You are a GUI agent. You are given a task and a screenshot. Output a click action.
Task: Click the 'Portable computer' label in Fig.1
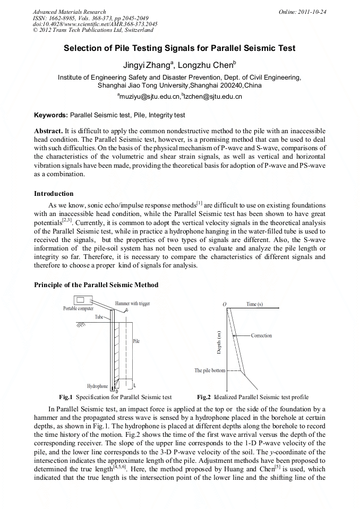79,308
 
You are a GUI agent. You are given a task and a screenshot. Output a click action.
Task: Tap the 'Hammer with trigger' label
132,304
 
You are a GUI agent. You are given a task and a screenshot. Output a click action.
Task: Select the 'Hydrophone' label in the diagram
97,386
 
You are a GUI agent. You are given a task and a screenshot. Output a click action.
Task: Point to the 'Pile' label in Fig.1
136,341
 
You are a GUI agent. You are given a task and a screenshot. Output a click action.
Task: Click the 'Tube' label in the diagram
99,317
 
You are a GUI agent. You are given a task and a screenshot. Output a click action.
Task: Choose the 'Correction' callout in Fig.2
261,335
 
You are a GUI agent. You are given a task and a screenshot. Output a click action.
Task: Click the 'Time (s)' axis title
259,304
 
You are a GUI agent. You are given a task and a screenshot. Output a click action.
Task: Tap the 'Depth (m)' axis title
219,342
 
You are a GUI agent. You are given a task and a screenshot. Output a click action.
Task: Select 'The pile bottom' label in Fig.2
210,370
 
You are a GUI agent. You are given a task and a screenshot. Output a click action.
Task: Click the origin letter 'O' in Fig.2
225,304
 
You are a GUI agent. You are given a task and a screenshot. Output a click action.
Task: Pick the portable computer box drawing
82,300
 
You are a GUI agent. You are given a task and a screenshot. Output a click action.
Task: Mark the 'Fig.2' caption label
204,397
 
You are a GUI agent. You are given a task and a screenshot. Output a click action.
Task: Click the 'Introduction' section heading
54,194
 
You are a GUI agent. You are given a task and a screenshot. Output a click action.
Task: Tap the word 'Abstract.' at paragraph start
48,131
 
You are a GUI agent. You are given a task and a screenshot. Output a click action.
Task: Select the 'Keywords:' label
51,115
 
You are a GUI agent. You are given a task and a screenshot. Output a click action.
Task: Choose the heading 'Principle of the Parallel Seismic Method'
96,285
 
